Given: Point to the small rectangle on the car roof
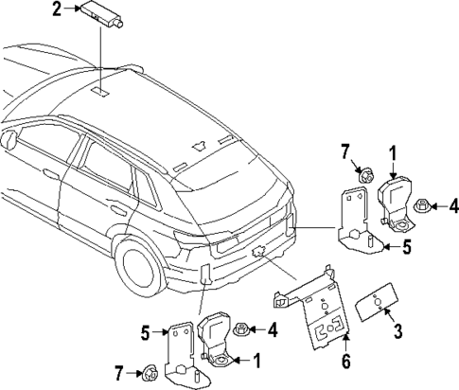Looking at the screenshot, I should tap(99, 92).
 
